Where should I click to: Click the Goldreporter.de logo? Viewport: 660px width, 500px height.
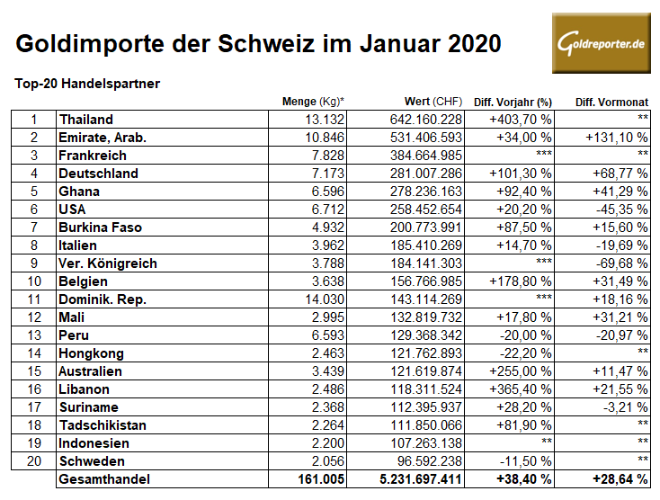pos(601,43)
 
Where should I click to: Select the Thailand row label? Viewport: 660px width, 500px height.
pos(86,120)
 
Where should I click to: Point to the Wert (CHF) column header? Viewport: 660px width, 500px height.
pos(427,102)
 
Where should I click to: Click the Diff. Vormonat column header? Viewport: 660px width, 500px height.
pos(611,102)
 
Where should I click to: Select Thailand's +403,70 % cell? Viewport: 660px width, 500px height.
pos(520,120)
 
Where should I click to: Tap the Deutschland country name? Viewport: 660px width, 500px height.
pos(99,174)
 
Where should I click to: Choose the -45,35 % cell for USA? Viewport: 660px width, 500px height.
pos(620,210)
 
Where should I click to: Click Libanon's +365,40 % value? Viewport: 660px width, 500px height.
pos(520,389)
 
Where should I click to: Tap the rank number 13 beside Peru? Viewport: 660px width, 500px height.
pos(34,335)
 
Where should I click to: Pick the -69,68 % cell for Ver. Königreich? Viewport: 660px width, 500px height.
pos(620,263)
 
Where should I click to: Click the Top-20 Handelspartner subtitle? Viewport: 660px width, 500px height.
pos(87,84)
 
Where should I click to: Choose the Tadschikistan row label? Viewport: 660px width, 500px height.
pos(104,425)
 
